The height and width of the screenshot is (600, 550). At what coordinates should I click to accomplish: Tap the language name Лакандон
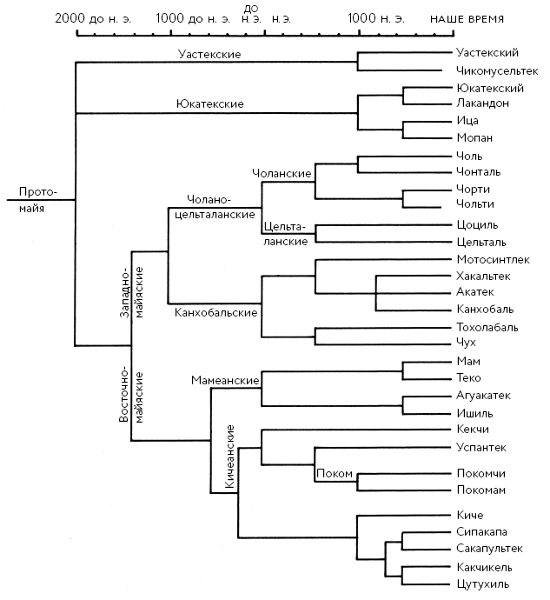click(x=481, y=103)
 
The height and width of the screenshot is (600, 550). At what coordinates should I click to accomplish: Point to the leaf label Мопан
click(x=474, y=137)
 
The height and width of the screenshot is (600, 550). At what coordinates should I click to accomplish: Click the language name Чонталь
click(x=478, y=171)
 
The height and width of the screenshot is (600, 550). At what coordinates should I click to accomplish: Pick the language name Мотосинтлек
click(x=491, y=259)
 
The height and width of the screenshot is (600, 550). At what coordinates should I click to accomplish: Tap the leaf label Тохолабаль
click(x=487, y=327)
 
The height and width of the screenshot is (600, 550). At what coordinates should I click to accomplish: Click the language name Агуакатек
click(x=483, y=395)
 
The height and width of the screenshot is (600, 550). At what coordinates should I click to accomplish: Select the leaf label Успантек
click(x=481, y=447)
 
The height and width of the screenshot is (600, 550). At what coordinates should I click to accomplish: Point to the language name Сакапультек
click(x=489, y=549)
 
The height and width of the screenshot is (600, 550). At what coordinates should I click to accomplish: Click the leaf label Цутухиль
click(x=482, y=583)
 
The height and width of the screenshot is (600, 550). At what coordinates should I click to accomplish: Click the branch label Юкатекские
click(x=209, y=104)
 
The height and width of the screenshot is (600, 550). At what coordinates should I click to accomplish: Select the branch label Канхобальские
click(x=215, y=311)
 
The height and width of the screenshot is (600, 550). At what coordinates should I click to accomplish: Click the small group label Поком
click(x=334, y=473)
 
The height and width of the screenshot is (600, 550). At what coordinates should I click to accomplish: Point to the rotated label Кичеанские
click(x=230, y=461)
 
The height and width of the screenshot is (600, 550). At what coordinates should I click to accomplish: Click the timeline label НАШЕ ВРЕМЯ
click(x=467, y=18)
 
